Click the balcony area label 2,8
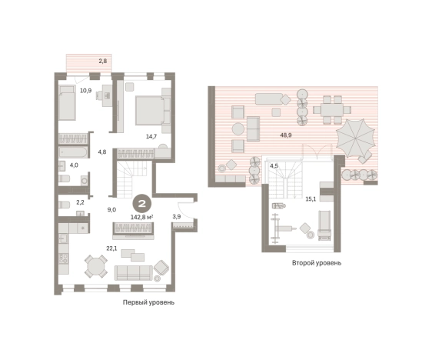[x=103, y=62]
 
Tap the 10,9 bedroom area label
[x=85, y=91]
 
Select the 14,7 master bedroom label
[x=151, y=136]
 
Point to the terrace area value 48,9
[x=286, y=135]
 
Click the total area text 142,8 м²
[x=142, y=217]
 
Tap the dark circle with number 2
[x=142, y=204]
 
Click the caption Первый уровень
[x=148, y=302]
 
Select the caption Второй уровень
[x=317, y=263]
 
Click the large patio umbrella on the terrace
[x=355, y=138]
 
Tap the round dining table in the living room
[x=95, y=266]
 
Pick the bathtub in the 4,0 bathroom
[x=73, y=152]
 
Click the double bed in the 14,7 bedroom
[x=153, y=110]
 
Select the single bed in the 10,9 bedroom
[x=67, y=102]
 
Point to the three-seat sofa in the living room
[x=133, y=273]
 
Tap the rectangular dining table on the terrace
[x=332, y=110]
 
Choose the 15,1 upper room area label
[x=311, y=199]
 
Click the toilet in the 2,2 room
[x=65, y=205]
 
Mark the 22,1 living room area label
[x=112, y=248]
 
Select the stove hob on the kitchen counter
[x=64, y=258]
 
